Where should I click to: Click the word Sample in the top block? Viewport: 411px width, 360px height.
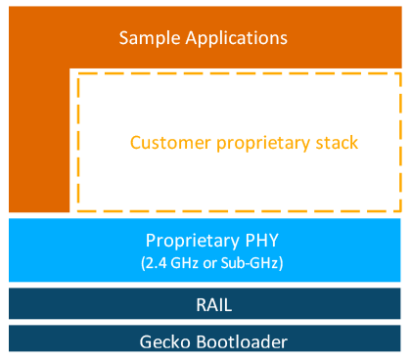coord(149,38)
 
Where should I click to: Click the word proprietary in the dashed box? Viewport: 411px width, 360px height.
coord(262,142)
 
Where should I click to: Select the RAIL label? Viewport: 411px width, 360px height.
coord(205,304)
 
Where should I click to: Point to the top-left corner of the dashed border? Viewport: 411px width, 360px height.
coord(78,73)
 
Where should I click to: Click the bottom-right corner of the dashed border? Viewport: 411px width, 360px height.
coord(400,209)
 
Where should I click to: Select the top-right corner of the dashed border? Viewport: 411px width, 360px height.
coord(400,73)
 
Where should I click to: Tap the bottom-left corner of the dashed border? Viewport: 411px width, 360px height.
coord(78,209)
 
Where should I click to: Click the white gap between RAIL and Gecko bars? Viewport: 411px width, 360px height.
coord(205,323)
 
